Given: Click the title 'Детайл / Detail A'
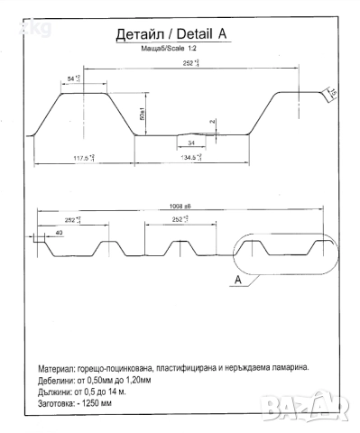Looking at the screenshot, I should pyautogui.click(x=172, y=35).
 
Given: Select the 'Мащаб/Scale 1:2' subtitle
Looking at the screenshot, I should pyautogui.click(x=171, y=48).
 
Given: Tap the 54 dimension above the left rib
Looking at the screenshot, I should pyautogui.click(x=75, y=79).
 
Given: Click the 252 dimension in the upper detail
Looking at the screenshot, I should pyautogui.click(x=189, y=64).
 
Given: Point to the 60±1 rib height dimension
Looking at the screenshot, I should pyautogui.click(x=143, y=115).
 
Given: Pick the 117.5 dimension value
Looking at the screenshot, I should pyautogui.click(x=86, y=158).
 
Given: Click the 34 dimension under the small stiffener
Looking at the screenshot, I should pyautogui.click(x=190, y=143).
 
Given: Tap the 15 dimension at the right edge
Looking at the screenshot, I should pyautogui.click(x=332, y=95).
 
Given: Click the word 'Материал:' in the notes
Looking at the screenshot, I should pyautogui.click(x=59, y=369).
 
